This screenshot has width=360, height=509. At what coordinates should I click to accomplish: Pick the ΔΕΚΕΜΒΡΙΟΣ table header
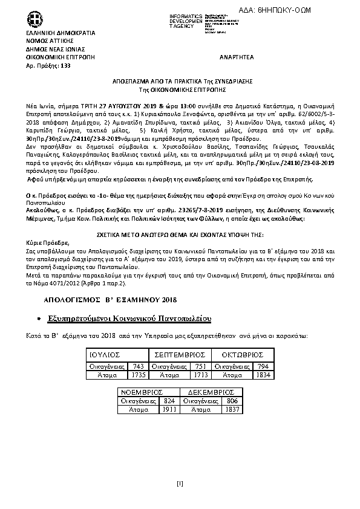click(209, 392)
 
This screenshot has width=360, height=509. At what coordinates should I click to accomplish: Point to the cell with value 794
click(262, 366)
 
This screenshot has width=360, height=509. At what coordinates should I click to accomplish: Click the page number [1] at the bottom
click(180, 482)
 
